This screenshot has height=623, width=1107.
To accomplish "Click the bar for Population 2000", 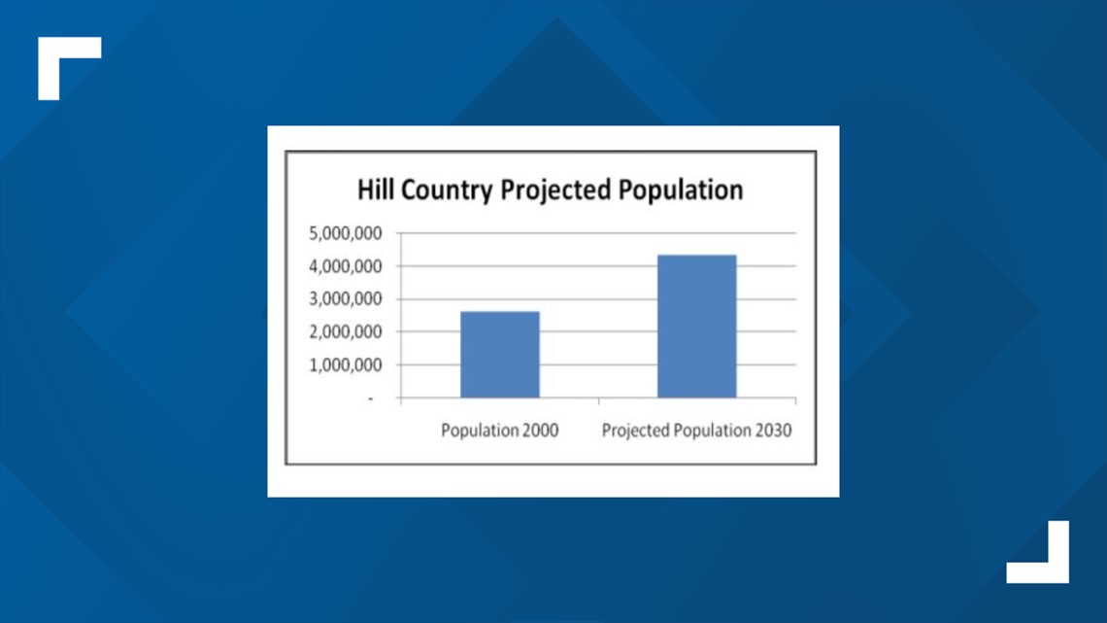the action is (x=500, y=355).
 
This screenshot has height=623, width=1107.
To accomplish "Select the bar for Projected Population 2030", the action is (x=697, y=327).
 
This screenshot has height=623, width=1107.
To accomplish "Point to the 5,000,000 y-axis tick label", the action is (x=346, y=234).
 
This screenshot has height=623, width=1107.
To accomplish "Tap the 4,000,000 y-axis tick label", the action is (x=346, y=267).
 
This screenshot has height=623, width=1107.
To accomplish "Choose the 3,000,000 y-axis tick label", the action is (x=346, y=299).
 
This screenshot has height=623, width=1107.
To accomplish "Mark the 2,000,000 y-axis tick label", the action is (x=346, y=332).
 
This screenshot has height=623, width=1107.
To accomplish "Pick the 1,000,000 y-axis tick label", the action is (x=346, y=365).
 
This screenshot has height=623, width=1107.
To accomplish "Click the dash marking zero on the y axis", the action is (x=370, y=399).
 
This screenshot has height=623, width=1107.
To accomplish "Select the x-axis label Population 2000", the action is (x=500, y=431).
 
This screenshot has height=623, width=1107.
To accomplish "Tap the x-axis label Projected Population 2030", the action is (x=697, y=431).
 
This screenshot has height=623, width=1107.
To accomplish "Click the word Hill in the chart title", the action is (x=375, y=190).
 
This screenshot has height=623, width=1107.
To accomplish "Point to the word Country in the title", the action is (x=447, y=190).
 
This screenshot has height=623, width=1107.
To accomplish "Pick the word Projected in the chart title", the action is (x=555, y=190).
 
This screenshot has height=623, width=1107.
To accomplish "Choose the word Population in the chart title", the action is (x=681, y=190).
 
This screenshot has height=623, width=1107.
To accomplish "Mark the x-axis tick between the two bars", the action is (x=599, y=401).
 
